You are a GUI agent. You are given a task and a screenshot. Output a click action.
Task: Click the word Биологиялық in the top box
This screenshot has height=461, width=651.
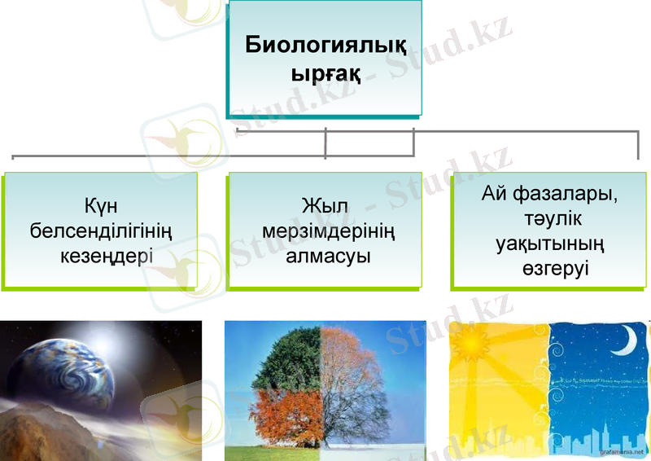click(x=326, y=44)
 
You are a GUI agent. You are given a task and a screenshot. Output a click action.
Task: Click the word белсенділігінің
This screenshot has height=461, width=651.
click(x=100, y=230)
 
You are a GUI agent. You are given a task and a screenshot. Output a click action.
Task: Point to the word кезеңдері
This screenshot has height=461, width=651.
click(x=100, y=256)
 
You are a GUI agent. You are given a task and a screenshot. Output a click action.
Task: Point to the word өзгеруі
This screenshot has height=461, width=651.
click(x=554, y=269)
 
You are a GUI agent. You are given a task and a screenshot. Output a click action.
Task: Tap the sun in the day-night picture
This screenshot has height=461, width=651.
click(x=470, y=337)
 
